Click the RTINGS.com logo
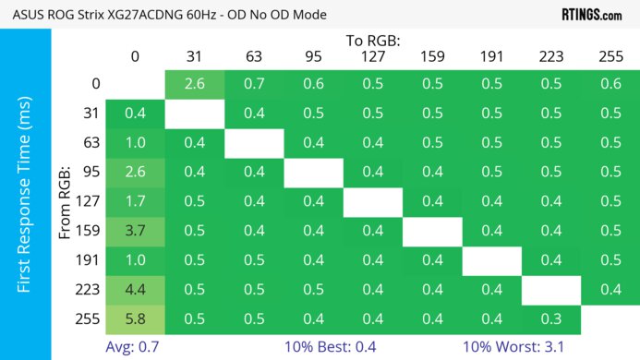(592, 15)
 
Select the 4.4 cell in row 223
(135, 290)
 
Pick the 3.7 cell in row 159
(135, 230)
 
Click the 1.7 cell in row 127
(135, 200)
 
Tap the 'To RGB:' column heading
(373, 42)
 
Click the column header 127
(372, 57)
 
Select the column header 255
(610, 57)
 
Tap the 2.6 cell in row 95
(135, 172)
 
